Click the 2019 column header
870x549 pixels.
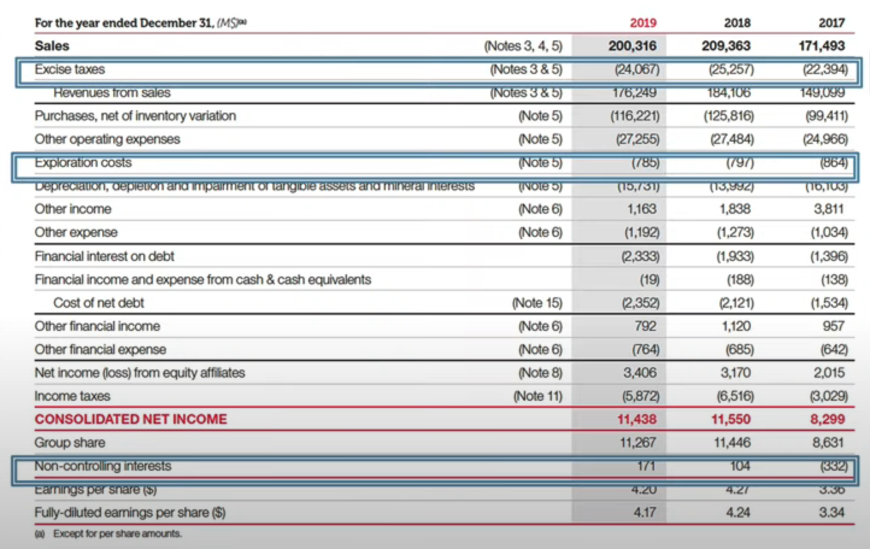click(x=642, y=23)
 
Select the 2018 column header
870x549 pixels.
click(x=737, y=23)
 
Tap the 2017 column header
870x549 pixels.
click(x=831, y=23)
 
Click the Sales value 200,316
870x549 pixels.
click(x=632, y=46)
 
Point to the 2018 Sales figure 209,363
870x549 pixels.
click(x=726, y=46)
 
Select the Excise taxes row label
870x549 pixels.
click(x=70, y=69)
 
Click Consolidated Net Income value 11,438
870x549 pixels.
click(x=636, y=419)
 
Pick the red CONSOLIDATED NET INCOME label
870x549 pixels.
click(x=131, y=419)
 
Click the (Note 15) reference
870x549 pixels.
click(x=537, y=303)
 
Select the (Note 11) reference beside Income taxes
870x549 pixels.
click(x=537, y=396)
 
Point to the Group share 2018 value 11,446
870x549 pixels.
click(x=732, y=442)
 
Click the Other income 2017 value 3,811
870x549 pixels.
click(x=828, y=209)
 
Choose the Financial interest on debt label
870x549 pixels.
click(x=104, y=256)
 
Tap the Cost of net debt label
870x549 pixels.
click(x=99, y=303)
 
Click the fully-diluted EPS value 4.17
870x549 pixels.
click(x=644, y=512)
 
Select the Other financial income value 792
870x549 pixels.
click(x=645, y=326)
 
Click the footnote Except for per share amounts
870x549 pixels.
click(x=117, y=533)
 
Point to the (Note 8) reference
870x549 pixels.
click(x=540, y=372)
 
